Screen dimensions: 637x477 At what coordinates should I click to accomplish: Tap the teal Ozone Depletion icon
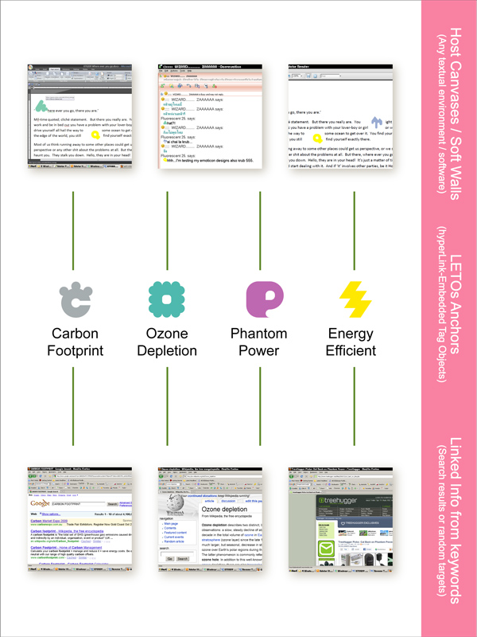167,299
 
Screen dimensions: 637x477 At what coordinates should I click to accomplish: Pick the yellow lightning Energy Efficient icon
355,299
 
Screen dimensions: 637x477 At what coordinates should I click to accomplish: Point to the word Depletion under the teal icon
167,350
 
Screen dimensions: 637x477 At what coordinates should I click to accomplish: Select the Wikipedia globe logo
173,506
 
